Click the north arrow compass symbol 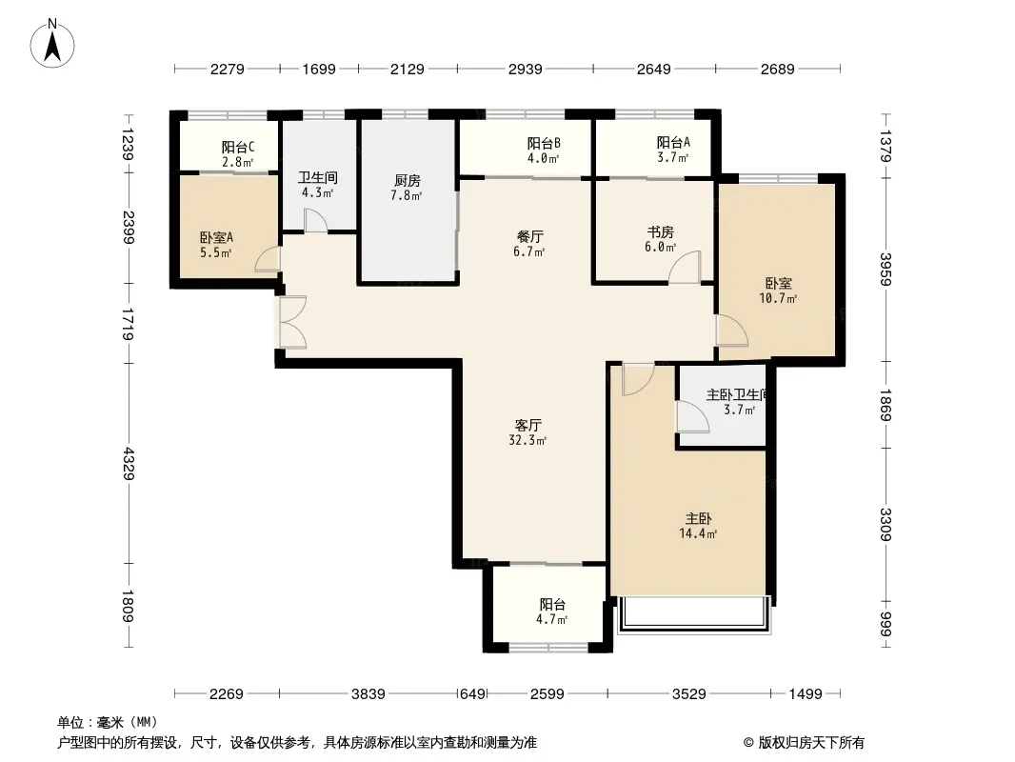pyautogui.click(x=52, y=43)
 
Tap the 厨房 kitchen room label pyautogui.click(x=407, y=181)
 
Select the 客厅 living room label pyautogui.click(x=528, y=426)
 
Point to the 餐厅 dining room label pyautogui.click(x=529, y=237)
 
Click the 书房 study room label pyautogui.click(x=660, y=232)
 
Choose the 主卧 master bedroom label pyautogui.click(x=699, y=518)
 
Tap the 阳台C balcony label pyautogui.click(x=238, y=148)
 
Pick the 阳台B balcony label pyautogui.click(x=543, y=143)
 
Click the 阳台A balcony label pyautogui.click(x=673, y=143)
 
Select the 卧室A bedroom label pyautogui.click(x=216, y=237)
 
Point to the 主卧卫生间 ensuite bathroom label pyautogui.click(x=736, y=394)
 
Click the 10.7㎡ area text pyautogui.click(x=777, y=298)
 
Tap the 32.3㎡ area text pyautogui.click(x=527, y=441)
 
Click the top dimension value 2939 pyautogui.click(x=525, y=69)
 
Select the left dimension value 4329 pyautogui.click(x=129, y=464)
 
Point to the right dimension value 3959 pyautogui.click(x=886, y=269)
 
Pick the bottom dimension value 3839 pyautogui.click(x=368, y=694)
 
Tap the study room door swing pyautogui.click(x=685, y=267)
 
